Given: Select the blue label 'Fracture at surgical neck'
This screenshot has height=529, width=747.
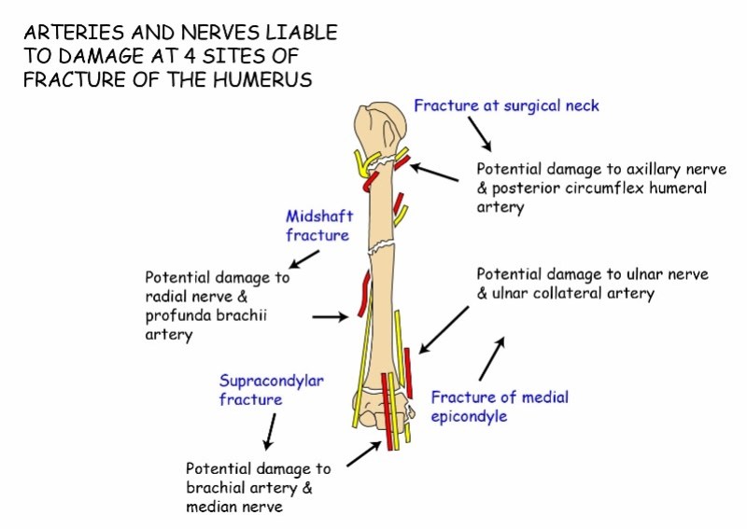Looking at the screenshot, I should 506,105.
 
